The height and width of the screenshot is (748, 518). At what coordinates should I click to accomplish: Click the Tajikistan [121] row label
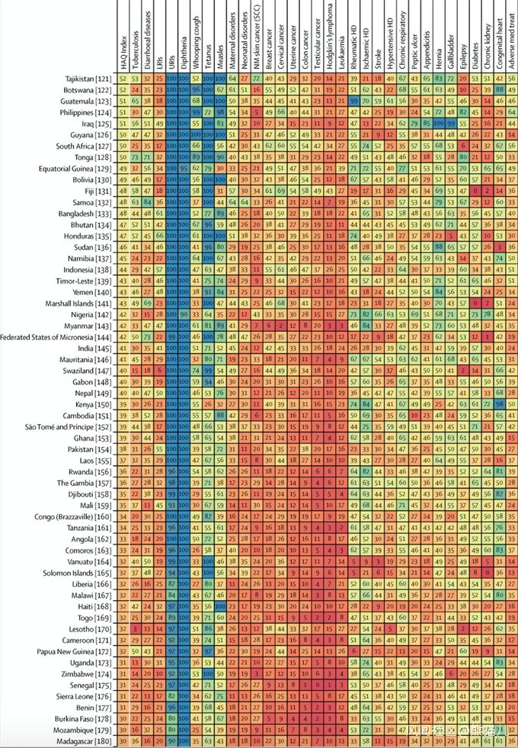(x=88, y=79)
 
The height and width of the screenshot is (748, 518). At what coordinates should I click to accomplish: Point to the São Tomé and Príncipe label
(x=71, y=426)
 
